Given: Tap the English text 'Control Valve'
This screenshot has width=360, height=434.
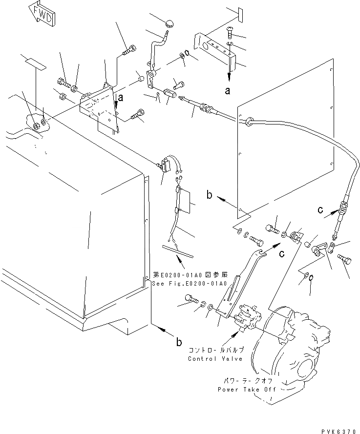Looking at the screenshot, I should [x=214, y=358].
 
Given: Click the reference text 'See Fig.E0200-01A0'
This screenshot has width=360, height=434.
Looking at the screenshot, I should [x=190, y=284].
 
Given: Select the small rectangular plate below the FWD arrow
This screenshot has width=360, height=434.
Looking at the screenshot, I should [x=33, y=63].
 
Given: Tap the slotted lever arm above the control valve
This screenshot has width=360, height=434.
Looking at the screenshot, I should [x=239, y=283].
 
